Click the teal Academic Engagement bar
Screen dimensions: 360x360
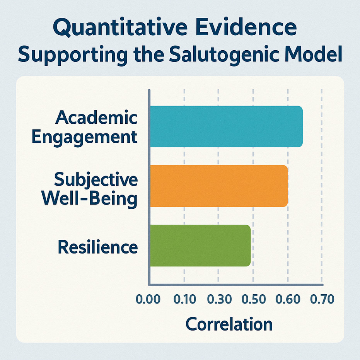(226, 126)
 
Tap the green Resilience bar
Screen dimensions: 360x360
(200, 246)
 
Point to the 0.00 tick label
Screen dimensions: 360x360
(149, 300)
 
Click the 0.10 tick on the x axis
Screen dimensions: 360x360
(184, 300)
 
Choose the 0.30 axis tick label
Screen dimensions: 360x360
(218, 300)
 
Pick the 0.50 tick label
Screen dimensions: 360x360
(253, 300)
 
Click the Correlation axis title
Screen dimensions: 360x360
(229, 324)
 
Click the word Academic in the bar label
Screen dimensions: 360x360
(96, 118)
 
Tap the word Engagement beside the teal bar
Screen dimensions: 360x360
(85, 136)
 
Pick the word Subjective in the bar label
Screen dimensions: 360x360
(96, 180)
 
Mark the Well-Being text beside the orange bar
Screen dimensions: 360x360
(89, 198)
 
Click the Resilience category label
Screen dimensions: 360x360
(97, 246)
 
